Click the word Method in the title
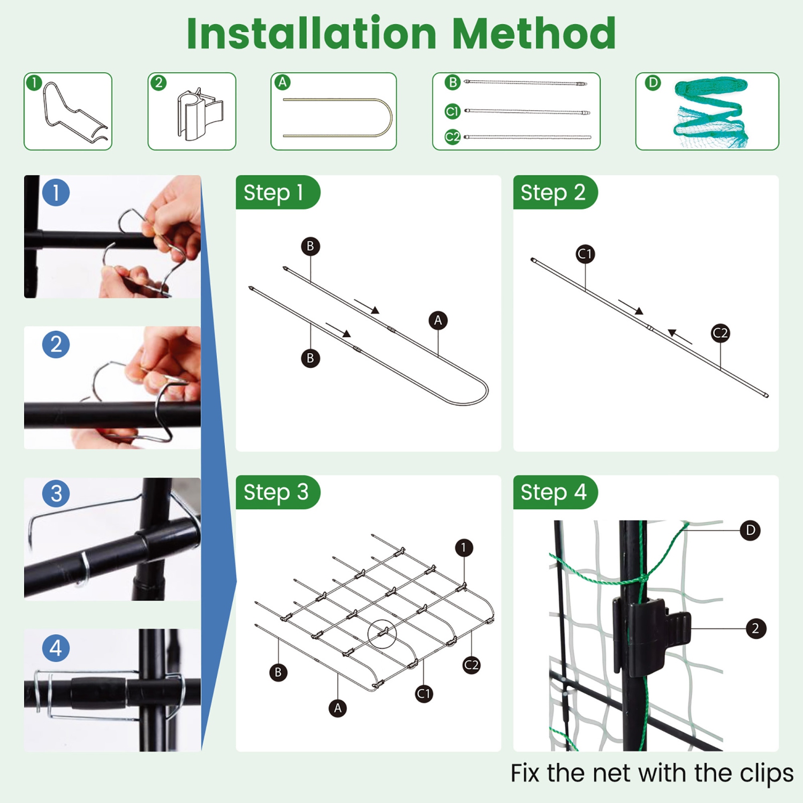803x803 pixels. [534, 33]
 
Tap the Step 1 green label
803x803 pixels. [274, 192]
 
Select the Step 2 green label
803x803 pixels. [552, 192]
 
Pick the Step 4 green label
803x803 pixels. [553, 492]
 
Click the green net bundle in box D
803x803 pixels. [709, 112]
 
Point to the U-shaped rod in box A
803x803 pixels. [337, 117]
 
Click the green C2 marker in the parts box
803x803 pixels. [452, 137]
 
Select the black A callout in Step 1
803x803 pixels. [438, 321]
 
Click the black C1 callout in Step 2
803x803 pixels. [585, 254]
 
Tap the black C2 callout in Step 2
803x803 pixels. [720, 333]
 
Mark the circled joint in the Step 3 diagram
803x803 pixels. [382, 634]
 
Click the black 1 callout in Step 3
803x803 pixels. [464, 548]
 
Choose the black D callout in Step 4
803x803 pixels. [750, 531]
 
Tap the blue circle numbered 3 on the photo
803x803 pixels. [56, 494]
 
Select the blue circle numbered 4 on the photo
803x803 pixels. [56, 648]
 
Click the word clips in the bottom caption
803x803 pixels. [766, 774]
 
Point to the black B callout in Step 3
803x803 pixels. [278, 672]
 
